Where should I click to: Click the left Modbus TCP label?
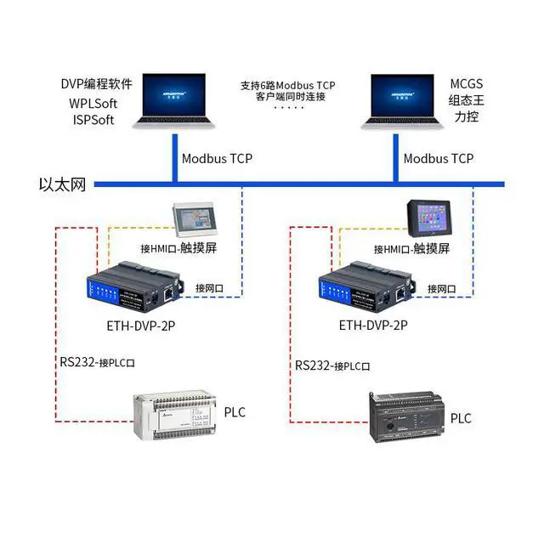pos(217,158)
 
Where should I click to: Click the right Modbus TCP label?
pos(439,158)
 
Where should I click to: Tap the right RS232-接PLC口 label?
pos(332,365)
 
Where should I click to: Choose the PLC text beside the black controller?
pos(460,418)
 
